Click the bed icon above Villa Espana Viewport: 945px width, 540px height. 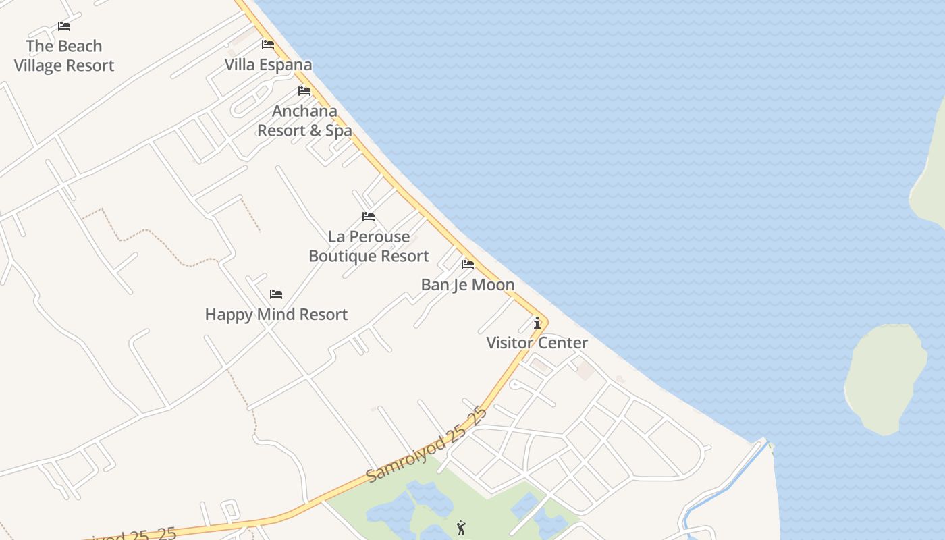coord(268,45)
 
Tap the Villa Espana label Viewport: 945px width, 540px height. coord(268,65)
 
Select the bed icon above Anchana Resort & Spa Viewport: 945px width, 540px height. coord(304,91)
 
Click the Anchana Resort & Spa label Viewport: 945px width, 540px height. coord(304,121)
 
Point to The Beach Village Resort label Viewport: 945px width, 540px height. coord(64,56)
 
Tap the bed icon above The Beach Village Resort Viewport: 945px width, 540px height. coord(64,26)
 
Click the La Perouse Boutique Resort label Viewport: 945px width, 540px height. coord(369,246)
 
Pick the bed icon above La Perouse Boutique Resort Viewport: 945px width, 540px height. coord(369,217)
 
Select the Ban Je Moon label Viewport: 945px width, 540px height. coord(468,285)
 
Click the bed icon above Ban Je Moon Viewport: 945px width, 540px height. coord(468,264)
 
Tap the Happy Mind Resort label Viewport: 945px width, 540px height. coord(276,315)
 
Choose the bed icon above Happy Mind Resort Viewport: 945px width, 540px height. coord(276,294)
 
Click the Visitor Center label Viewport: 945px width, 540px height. coord(537,343)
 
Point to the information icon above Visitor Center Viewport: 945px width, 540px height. coord(537,323)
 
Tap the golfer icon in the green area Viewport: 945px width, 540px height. coord(461,528)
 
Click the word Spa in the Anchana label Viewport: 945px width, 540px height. coord(339,131)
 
